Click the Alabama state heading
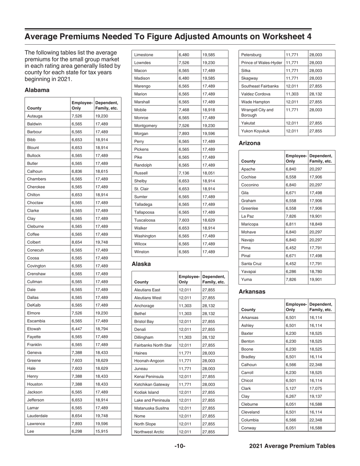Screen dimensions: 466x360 pos(37,91)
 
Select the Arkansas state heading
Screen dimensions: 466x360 pos(252,292)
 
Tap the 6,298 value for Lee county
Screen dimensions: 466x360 pos(77,432)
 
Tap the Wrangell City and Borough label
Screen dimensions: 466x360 pos(255,113)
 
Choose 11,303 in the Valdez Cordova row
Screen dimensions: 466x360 pos(291,94)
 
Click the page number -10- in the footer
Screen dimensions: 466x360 pos(180,446)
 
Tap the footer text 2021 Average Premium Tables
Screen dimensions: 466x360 pos(292,446)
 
